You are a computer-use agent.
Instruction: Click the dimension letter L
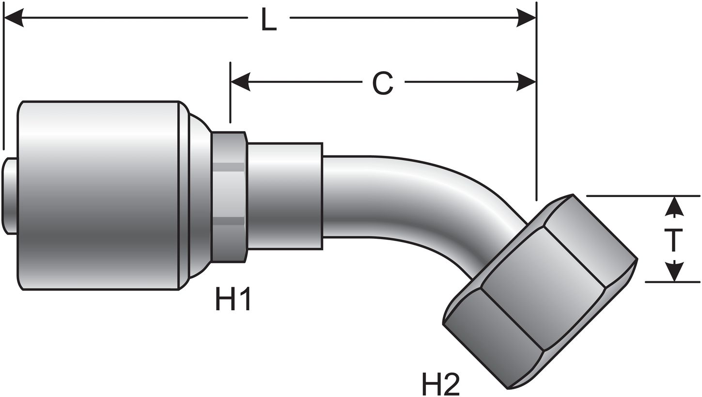click(x=269, y=19)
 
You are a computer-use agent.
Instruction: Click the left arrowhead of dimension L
click(x=14, y=18)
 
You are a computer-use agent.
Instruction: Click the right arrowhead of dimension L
click(x=526, y=18)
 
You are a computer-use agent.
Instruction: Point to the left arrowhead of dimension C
click(x=240, y=82)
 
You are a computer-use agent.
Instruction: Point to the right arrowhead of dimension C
click(x=526, y=82)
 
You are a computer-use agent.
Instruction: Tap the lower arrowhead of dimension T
click(x=674, y=272)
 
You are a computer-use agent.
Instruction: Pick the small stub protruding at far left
click(x=10, y=196)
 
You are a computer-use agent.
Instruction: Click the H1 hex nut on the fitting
click(x=229, y=197)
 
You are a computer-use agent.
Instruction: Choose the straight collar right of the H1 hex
click(x=285, y=196)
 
